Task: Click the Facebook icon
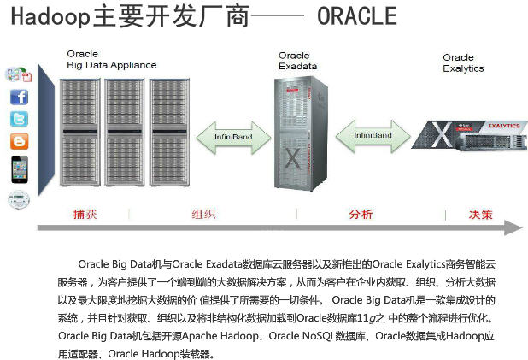click(19, 97)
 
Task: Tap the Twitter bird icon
click(19, 119)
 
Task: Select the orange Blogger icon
click(19, 141)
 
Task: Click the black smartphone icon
click(19, 168)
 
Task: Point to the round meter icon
click(18, 198)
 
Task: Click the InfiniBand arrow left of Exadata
click(232, 134)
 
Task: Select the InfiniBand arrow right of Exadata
click(373, 135)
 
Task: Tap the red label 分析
click(361, 215)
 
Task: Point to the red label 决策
click(480, 215)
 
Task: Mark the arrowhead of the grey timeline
click(512, 228)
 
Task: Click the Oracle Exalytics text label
click(463, 63)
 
